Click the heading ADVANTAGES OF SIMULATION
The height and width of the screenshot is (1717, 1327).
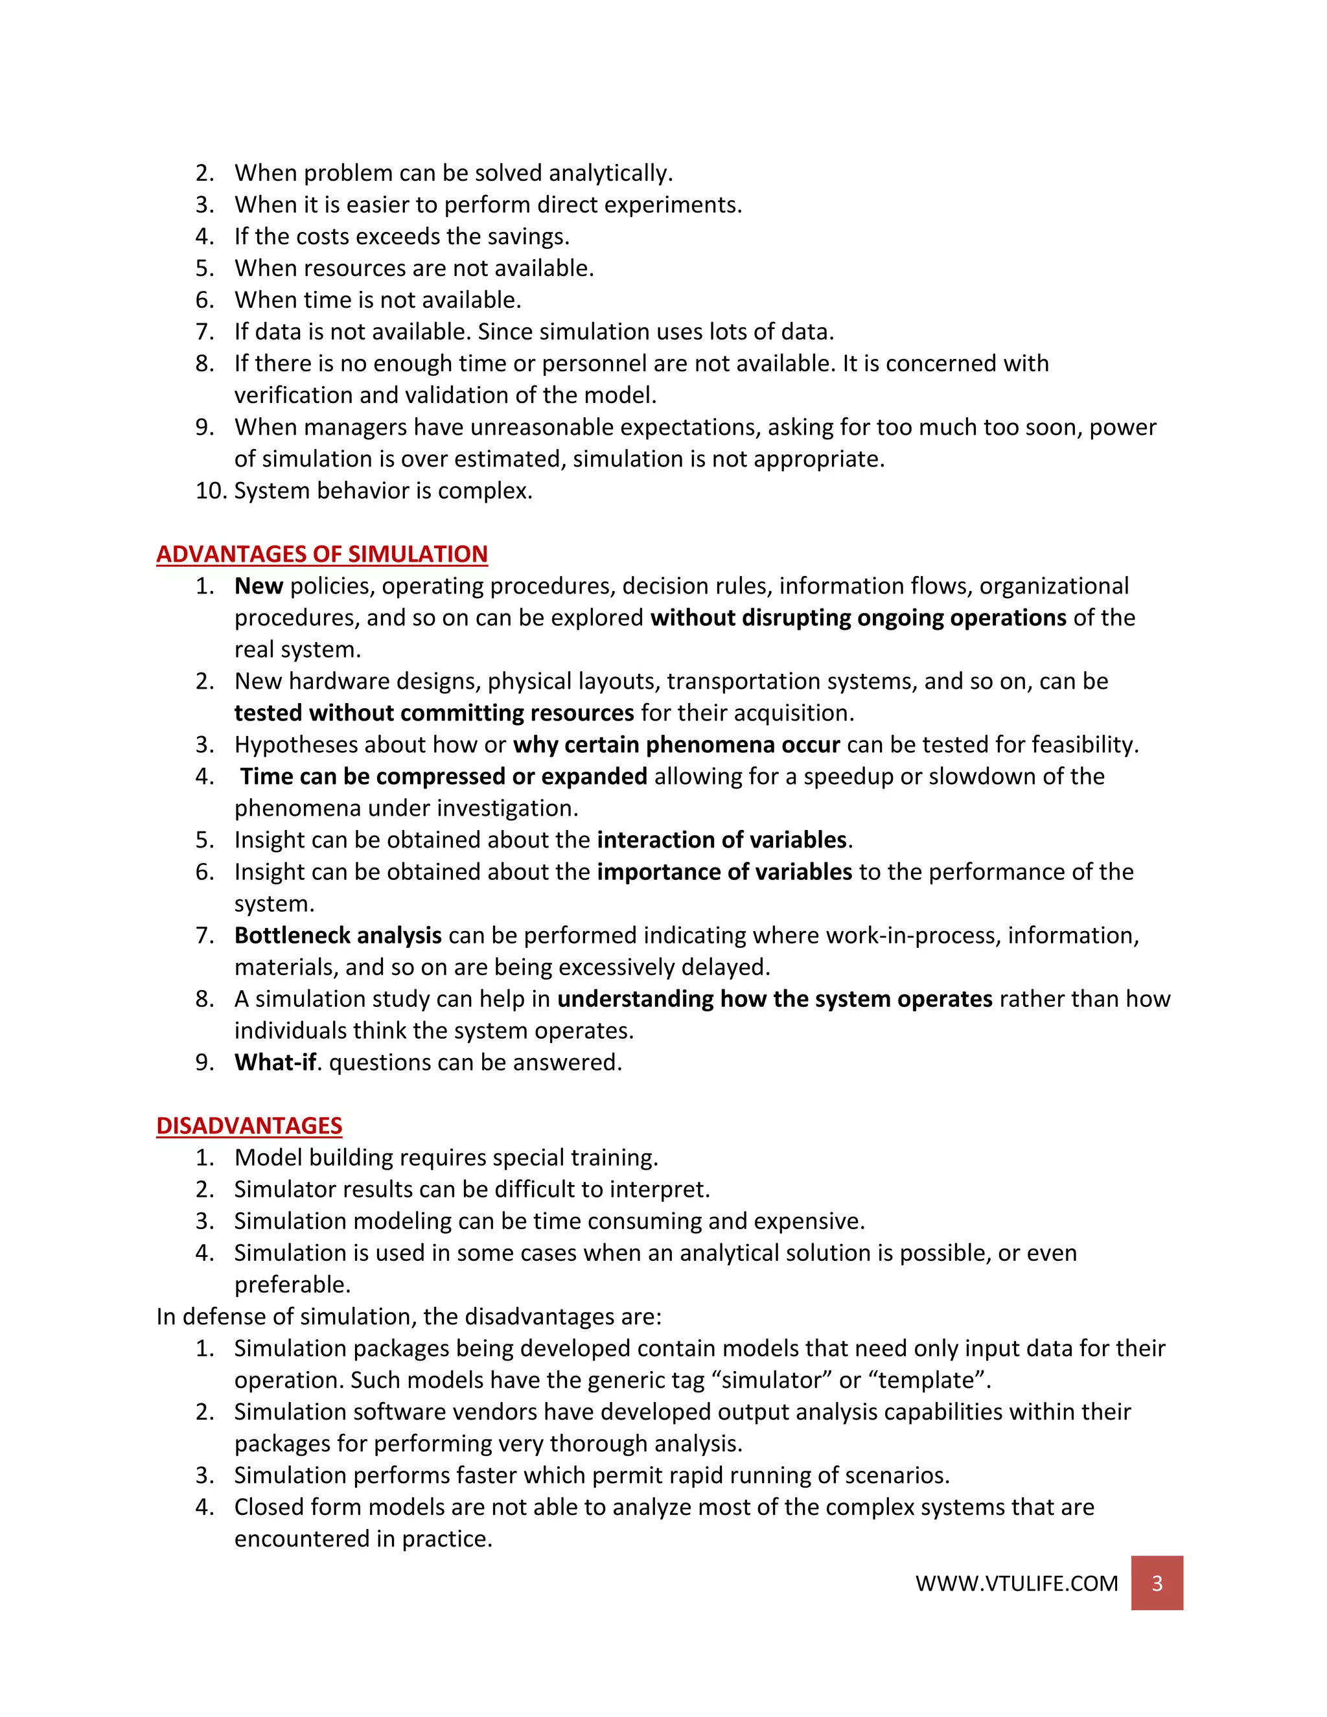click(x=321, y=554)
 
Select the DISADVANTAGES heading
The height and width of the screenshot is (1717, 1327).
click(x=249, y=1126)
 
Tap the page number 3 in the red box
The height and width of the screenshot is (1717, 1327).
click(x=1157, y=1584)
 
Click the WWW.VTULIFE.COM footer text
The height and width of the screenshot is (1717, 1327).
click(x=1017, y=1584)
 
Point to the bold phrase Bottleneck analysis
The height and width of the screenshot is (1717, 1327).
click(x=338, y=936)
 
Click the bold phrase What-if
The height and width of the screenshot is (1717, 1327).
click(x=275, y=1062)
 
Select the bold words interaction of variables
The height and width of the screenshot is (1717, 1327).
click(x=722, y=840)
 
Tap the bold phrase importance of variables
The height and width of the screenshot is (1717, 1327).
click(x=724, y=872)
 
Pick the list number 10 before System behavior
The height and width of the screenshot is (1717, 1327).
click(x=211, y=490)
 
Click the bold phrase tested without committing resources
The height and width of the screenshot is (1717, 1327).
click(x=434, y=713)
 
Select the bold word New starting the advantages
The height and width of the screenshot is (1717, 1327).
click(x=259, y=586)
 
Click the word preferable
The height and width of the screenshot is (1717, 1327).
click(x=292, y=1285)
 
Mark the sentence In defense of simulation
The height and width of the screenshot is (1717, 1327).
click(x=409, y=1316)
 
